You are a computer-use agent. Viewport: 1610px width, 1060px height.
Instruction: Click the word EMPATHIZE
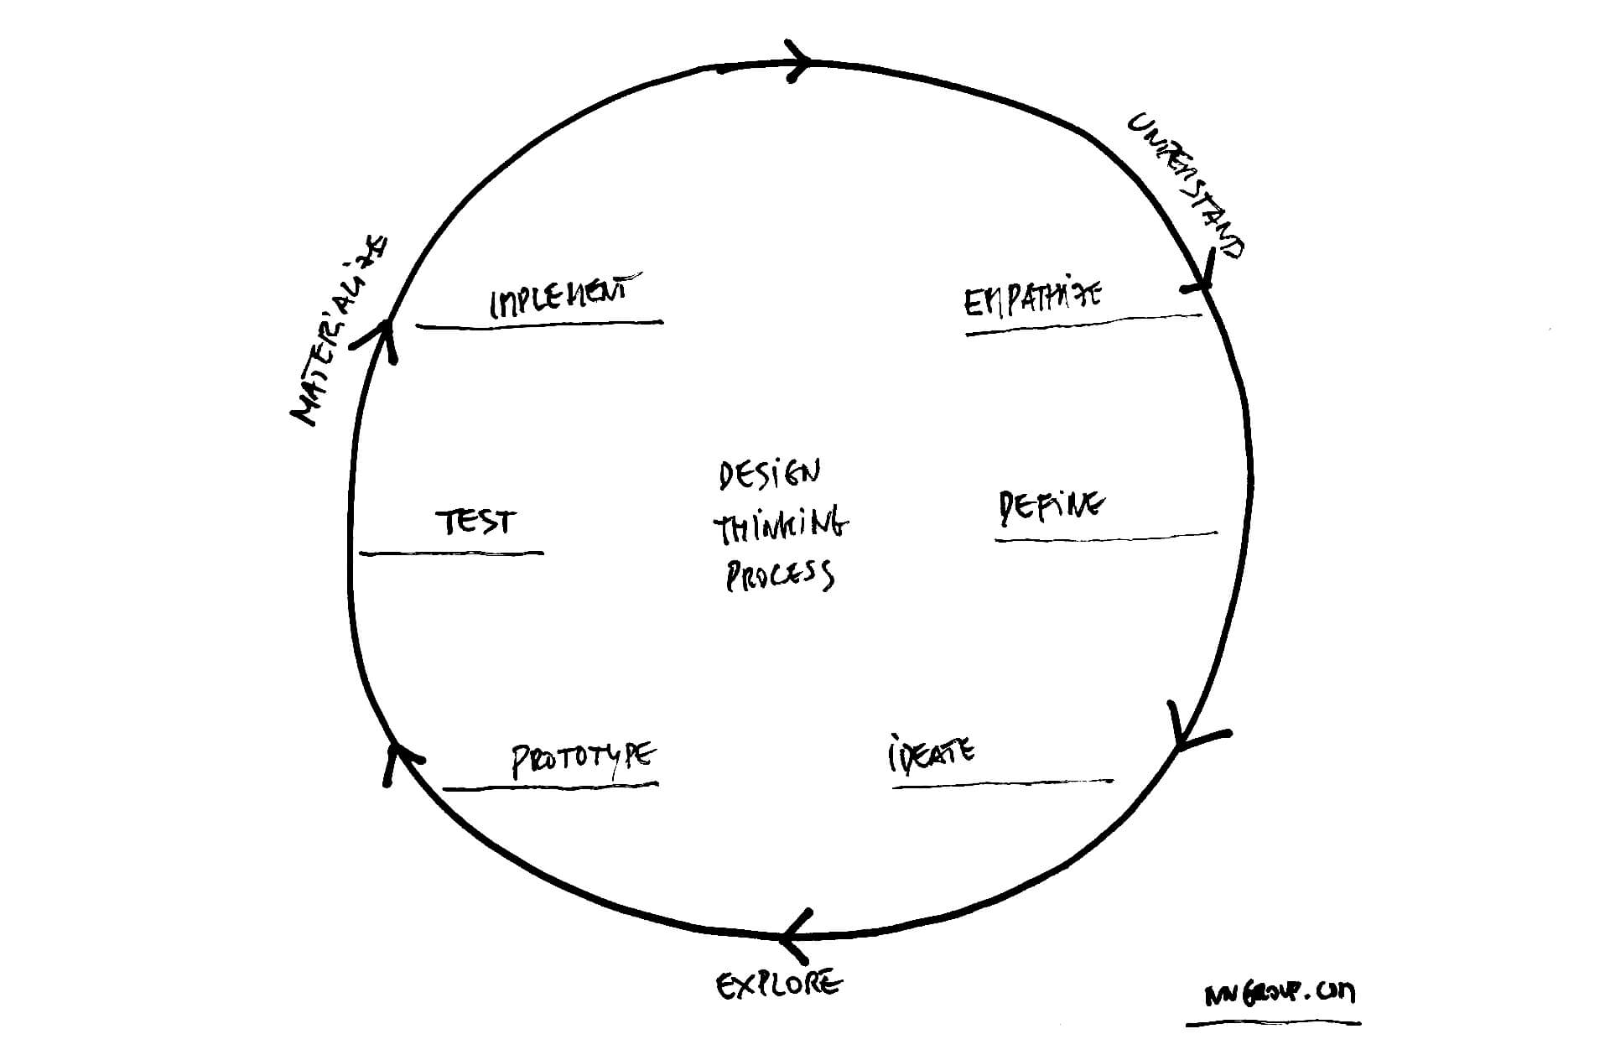tap(1032, 299)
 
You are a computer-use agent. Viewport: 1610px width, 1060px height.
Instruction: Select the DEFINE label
tap(1051, 507)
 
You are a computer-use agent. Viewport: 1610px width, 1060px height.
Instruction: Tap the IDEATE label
tap(931, 752)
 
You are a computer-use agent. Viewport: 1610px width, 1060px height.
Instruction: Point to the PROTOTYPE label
tap(584, 758)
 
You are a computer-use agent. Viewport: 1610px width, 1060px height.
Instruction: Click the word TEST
tap(475, 522)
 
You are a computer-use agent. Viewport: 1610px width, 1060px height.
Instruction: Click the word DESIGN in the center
tap(769, 475)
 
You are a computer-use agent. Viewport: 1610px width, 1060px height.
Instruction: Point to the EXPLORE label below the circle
tap(778, 984)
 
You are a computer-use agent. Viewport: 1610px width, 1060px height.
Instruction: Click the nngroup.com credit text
tap(1279, 994)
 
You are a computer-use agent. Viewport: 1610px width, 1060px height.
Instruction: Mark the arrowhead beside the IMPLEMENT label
tap(382, 336)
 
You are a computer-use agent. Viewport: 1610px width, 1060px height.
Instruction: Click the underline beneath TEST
tap(451, 553)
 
